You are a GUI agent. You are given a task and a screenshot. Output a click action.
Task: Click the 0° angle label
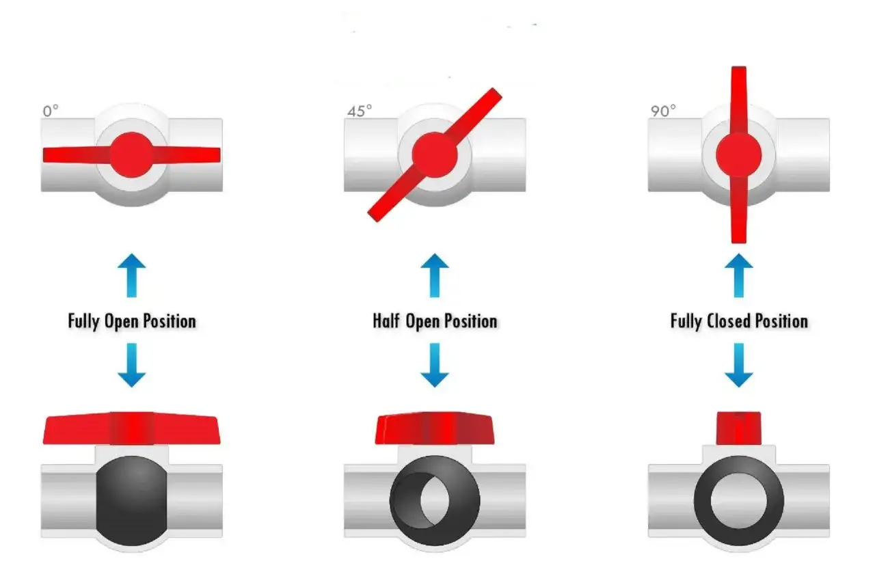pyautogui.click(x=51, y=111)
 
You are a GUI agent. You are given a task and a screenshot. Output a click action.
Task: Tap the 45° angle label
pyautogui.click(x=360, y=111)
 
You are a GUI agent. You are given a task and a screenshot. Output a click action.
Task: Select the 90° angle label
pyautogui.click(x=663, y=111)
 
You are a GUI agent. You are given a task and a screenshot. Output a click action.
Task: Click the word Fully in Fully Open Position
pyautogui.click(x=83, y=322)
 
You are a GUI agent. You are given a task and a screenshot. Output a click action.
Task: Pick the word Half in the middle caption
pyautogui.click(x=387, y=321)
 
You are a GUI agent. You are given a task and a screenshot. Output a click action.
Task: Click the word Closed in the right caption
pyautogui.click(x=729, y=321)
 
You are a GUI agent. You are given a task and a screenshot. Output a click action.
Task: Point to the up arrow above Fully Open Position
pyautogui.click(x=132, y=275)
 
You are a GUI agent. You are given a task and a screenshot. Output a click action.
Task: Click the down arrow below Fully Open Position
pyautogui.click(x=132, y=365)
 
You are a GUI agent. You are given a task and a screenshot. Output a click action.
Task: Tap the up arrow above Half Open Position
pyautogui.click(x=435, y=275)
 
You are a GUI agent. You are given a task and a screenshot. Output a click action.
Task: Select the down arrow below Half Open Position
pyautogui.click(x=435, y=365)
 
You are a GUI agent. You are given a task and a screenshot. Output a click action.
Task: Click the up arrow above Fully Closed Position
pyautogui.click(x=739, y=275)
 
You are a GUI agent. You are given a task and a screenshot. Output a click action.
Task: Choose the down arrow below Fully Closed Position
pyautogui.click(x=739, y=365)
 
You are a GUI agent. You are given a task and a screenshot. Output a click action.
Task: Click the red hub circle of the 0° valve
pyautogui.click(x=132, y=155)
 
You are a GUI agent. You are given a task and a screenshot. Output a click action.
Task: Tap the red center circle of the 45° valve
pyautogui.click(x=435, y=155)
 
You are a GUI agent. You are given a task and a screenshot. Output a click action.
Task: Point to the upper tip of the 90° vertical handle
pyautogui.click(x=739, y=67)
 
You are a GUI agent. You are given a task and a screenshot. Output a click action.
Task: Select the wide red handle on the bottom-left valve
pyautogui.click(x=132, y=428)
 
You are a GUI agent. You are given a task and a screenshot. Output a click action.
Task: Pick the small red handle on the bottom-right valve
pyautogui.click(x=739, y=428)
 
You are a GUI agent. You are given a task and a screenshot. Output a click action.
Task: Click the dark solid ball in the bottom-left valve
pyautogui.click(x=132, y=501)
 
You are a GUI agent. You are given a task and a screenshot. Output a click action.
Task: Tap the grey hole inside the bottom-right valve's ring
pyautogui.click(x=739, y=501)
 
